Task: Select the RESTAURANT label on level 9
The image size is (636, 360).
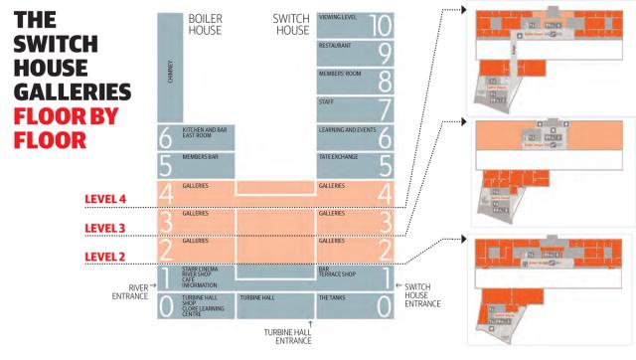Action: [335, 46]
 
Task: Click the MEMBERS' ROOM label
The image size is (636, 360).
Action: [338, 74]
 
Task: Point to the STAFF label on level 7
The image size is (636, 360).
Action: [326, 101]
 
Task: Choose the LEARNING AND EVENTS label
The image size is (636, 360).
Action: [343, 129]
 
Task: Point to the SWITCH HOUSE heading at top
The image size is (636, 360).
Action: [291, 24]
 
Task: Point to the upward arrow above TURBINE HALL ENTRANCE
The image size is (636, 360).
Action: [311, 323]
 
